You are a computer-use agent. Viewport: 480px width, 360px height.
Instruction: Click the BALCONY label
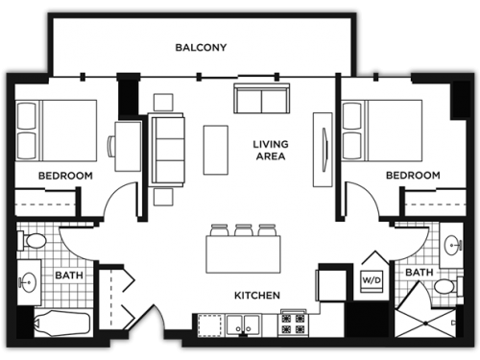click(x=201, y=47)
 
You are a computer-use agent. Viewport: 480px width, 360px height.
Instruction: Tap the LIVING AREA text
click(x=271, y=150)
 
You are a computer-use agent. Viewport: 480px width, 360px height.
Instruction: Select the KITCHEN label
click(x=257, y=295)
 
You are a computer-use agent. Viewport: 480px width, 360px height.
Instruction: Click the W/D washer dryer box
click(x=372, y=281)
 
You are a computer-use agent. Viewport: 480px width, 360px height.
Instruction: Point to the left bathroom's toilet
click(x=32, y=241)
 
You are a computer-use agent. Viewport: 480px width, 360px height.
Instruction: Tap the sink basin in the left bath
click(x=28, y=282)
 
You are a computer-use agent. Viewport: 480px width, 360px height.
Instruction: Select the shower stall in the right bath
click(x=425, y=324)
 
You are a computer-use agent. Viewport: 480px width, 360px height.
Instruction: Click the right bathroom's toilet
click(x=447, y=286)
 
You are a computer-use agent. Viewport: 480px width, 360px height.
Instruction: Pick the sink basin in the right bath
click(x=453, y=245)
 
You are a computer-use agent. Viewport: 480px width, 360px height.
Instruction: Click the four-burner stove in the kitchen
click(x=293, y=324)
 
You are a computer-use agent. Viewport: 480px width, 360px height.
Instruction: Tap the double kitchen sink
click(x=243, y=325)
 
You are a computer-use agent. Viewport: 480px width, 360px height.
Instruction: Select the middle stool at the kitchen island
click(x=244, y=230)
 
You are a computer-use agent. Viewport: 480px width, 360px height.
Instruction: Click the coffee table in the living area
click(x=216, y=150)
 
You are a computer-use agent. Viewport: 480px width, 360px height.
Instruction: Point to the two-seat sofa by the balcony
click(x=262, y=98)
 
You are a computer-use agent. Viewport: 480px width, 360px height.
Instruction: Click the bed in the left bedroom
click(x=57, y=131)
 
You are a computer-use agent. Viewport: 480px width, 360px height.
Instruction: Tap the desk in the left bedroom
click(x=128, y=146)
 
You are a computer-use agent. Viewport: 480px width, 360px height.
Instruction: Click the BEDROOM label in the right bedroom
click(x=413, y=176)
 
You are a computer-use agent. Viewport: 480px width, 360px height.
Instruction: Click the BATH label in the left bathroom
click(x=69, y=276)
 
